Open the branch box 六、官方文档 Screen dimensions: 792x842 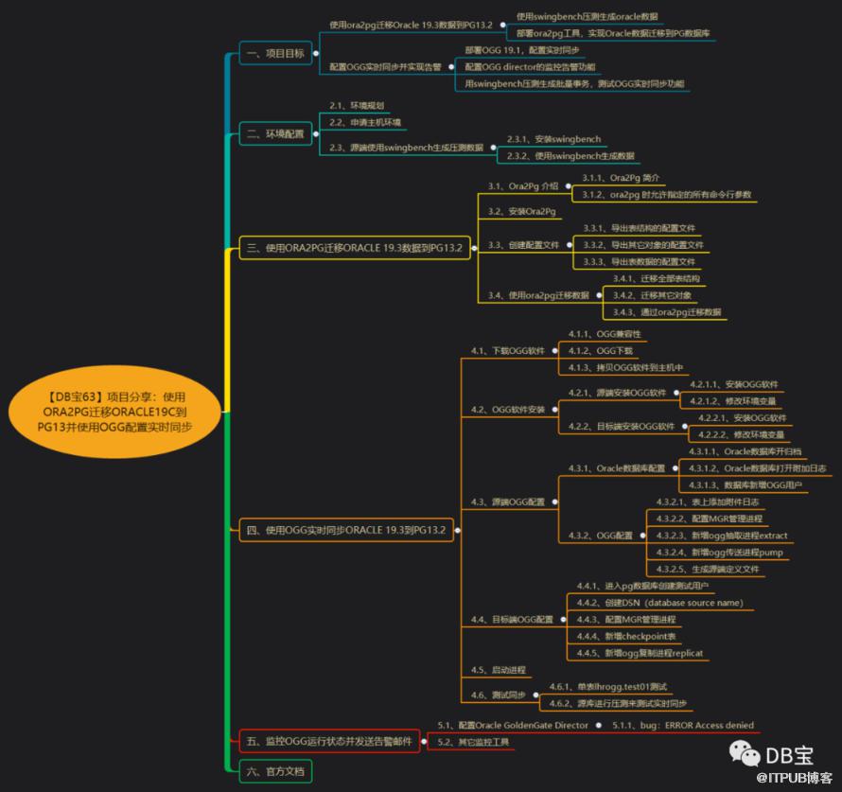click(x=274, y=771)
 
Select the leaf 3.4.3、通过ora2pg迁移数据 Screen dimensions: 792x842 click(x=666, y=311)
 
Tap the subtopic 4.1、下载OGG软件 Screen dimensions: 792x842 click(x=508, y=350)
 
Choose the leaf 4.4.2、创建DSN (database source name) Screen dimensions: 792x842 click(x=660, y=603)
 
